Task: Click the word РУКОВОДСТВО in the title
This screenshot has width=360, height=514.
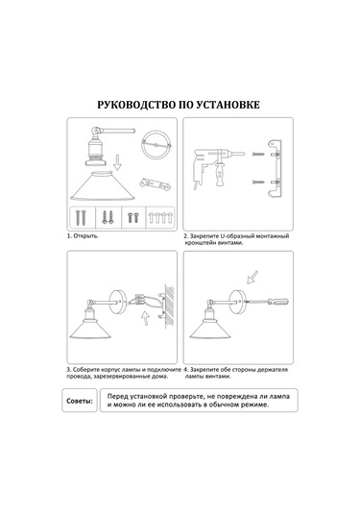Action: click(136, 105)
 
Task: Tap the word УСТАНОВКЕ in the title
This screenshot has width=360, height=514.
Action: click(228, 105)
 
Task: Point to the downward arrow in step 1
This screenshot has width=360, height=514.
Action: click(117, 163)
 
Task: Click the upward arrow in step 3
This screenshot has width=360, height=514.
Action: click(145, 318)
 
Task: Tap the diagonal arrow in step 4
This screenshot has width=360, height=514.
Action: click(252, 277)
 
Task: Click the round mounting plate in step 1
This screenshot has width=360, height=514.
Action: click(156, 144)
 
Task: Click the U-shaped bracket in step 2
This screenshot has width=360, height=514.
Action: click(276, 168)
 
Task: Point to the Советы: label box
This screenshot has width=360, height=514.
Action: click(80, 401)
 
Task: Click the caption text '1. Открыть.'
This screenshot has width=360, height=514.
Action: click(83, 236)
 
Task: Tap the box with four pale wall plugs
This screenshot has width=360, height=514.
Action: click(160, 217)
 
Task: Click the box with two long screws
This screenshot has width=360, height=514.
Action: click(83, 217)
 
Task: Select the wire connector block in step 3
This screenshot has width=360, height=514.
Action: click(139, 299)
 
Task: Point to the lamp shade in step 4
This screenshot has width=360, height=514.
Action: click(210, 330)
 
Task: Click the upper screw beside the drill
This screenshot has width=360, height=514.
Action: click(258, 154)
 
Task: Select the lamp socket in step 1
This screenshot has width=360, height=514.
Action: click(96, 151)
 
